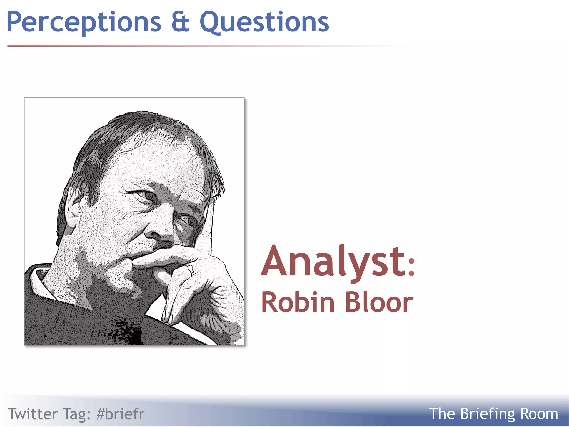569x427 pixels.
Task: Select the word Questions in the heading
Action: [x=264, y=22]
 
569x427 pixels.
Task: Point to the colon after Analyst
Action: [x=411, y=267]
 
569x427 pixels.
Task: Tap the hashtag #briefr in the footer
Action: [x=120, y=414]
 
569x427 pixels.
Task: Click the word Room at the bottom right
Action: [x=539, y=414]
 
